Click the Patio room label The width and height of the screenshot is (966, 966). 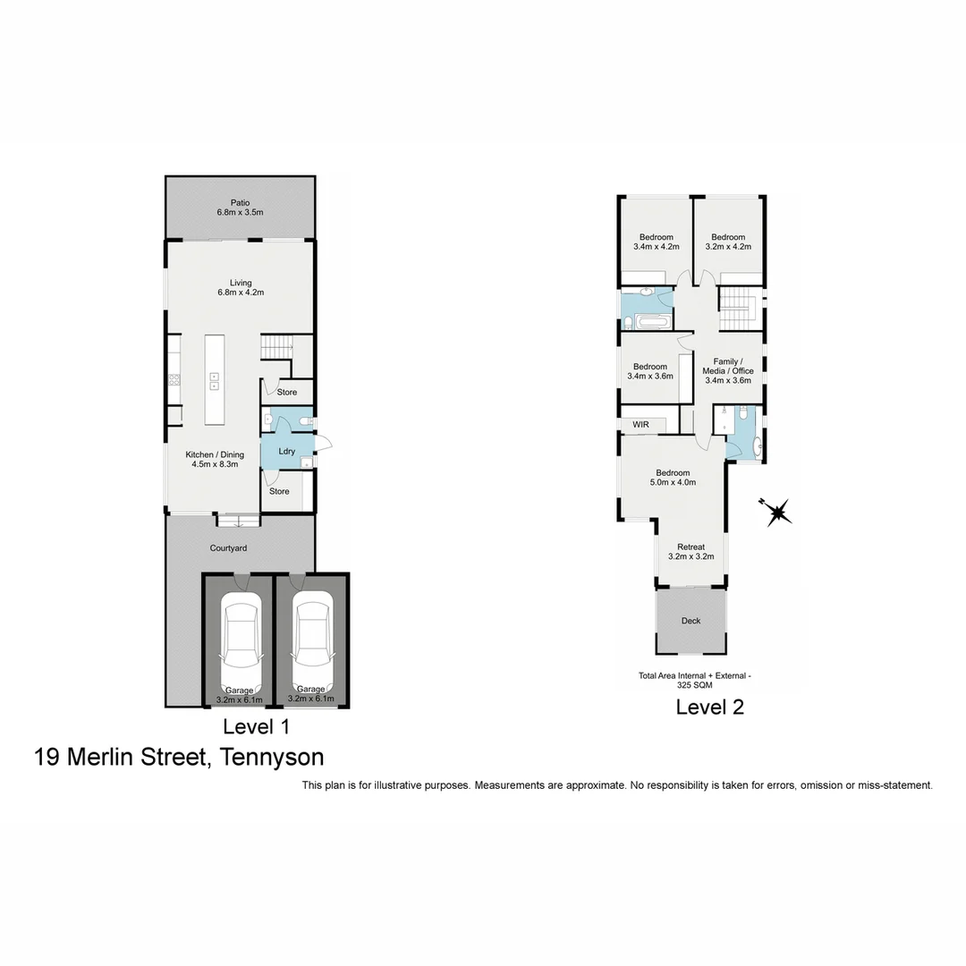pyautogui.click(x=240, y=208)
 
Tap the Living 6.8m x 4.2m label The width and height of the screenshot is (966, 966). pyautogui.click(x=240, y=287)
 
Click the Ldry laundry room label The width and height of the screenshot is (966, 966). pyautogui.click(x=286, y=451)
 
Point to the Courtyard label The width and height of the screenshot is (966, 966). pyautogui.click(x=228, y=548)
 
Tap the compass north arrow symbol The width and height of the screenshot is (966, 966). pyautogui.click(x=776, y=513)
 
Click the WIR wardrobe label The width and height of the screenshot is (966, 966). pyautogui.click(x=640, y=425)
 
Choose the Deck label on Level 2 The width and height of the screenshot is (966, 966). pyautogui.click(x=691, y=621)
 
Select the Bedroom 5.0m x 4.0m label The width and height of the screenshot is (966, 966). pyautogui.click(x=673, y=478)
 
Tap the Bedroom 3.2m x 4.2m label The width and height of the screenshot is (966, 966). pyautogui.click(x=728, y=241)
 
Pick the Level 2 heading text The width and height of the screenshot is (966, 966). pyautogui.click(x=709, y=708)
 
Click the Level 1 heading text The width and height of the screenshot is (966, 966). pyautogui.click(x=256, y=726)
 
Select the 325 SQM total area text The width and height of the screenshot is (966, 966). pyautogui.click(x=694, y=685)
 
